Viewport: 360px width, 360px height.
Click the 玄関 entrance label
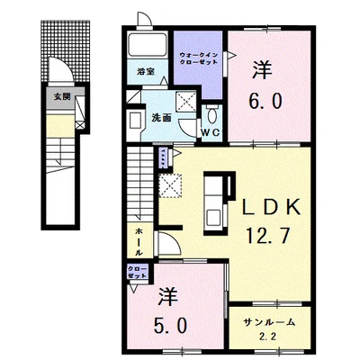(62, 96)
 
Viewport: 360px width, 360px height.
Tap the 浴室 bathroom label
(146, 72)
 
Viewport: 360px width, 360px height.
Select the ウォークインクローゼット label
(198, 58)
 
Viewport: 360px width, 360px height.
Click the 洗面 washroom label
(161, 118)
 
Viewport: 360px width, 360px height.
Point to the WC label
(211, 132)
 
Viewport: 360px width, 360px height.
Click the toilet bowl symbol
(212, 115)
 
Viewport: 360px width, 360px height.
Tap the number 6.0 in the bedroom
(265, 101)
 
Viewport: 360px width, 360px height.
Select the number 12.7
(267, 235)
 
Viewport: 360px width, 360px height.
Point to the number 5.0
(171, 326)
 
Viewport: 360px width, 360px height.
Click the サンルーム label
(269, 322)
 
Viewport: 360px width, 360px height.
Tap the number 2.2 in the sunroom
(267, 337)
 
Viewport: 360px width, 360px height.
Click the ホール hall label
(139, 242)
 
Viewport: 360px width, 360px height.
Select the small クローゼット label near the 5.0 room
(138, 272)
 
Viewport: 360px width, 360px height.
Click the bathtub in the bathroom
(147, 45)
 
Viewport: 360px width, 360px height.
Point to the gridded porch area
(66, 51)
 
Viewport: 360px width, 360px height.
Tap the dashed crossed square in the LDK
(170, 186)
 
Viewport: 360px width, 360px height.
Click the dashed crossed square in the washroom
(185, 102)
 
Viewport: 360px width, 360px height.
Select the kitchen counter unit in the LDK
(216, 203)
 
